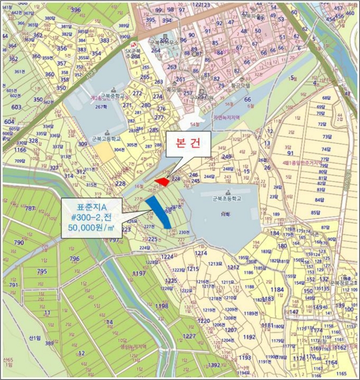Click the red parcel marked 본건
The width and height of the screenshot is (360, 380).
tap(162, 180)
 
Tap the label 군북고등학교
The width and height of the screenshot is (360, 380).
tap(106, 139)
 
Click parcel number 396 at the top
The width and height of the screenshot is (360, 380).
tap(75, 10)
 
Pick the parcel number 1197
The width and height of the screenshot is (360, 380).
tap(139, 274)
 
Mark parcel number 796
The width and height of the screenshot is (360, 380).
tap(74, 259)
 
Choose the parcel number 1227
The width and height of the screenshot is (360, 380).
tap(189, 336)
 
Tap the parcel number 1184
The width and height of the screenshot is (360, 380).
tap(277, 289)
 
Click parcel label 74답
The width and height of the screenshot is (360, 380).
tap(326, 149)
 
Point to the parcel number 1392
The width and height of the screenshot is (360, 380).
tap(214, 365)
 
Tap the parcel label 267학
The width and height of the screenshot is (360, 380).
tap(101, 107)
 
